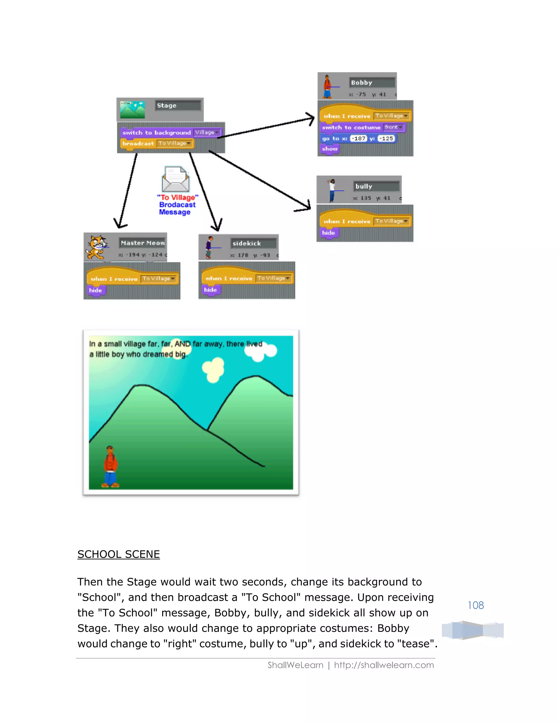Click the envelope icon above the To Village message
176,179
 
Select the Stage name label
178,106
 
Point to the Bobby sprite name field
372,82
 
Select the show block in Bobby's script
329,149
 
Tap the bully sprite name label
376,186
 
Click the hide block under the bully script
328,233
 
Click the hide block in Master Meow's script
95,290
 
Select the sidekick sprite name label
253,243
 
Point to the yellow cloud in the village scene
213,369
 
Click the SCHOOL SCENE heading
118,554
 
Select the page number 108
475,605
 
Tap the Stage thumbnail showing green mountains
132,110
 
